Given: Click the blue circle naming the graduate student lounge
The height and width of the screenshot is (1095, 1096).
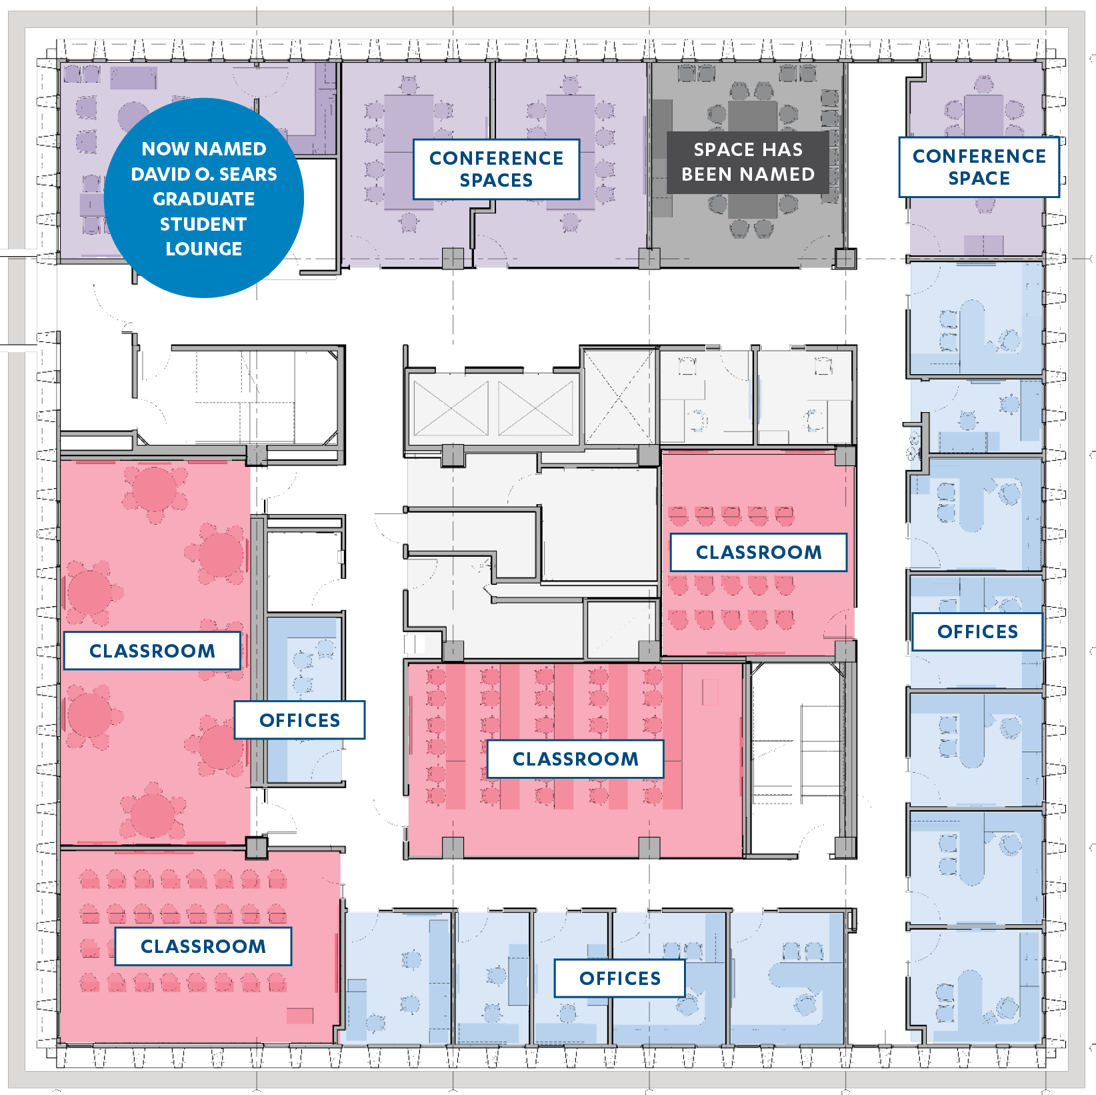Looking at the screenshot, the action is [x=204, y=198].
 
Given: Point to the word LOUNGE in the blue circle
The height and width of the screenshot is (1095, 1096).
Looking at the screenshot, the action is [x=204, y=249].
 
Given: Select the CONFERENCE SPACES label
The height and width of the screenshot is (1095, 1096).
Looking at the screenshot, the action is [x=497, y=169].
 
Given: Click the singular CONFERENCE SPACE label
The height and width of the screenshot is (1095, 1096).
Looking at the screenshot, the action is [x=979, y=167].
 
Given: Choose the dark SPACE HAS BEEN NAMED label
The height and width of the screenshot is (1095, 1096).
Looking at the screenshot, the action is [x=748, y=162].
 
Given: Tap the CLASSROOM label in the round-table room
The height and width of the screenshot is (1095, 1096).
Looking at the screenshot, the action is [x=152, y=651].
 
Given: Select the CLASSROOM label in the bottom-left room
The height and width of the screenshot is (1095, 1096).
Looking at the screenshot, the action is [x=203, y=946].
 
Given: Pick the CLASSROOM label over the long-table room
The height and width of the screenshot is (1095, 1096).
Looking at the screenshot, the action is [x=575, y=759].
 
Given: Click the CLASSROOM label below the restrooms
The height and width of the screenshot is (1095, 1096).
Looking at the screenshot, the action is [x=759, y=552].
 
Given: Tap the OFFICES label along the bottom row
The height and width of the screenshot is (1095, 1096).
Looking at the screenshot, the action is [x=620, y=978].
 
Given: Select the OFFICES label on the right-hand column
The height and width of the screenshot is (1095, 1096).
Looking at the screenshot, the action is [x=977, y=632].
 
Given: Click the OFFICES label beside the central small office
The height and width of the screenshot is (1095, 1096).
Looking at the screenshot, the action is [x=300, y=720].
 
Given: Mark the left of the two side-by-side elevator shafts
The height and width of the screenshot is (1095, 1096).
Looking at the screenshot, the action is [x=451, y=408].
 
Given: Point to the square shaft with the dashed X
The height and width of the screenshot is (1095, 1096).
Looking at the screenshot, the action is [x=619, y=397].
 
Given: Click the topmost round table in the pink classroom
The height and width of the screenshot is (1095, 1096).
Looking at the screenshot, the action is [x=155, y=489].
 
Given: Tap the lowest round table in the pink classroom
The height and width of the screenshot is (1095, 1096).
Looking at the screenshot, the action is [x=153, y=815].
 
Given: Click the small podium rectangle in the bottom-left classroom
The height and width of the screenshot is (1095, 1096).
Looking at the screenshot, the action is [x=300, y=1016].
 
